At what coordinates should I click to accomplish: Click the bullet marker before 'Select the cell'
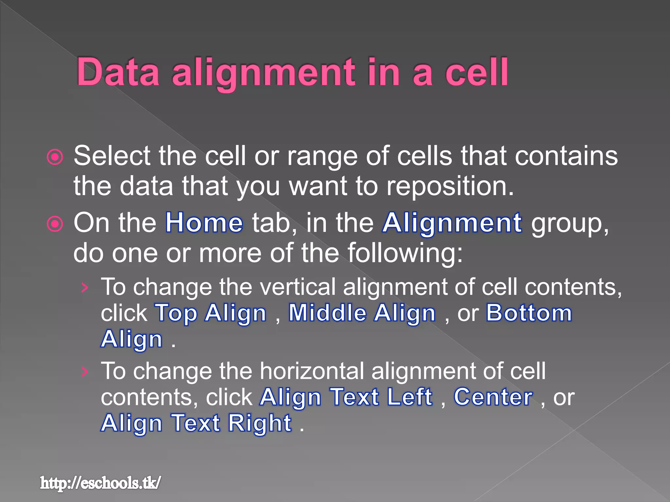click(x=55, y=157)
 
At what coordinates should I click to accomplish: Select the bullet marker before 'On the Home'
click(x=55, y=224)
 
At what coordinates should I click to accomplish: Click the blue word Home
click(x=204, y=223)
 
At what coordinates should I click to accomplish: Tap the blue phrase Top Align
click(x=211, y=313)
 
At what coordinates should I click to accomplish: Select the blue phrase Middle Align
click(x=362, y=313)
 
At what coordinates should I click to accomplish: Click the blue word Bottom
click(x=529, y=313)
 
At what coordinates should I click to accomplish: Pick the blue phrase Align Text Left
click(x=346, y=397)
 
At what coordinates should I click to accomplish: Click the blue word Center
click(x=493, y=397)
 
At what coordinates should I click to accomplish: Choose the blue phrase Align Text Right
click(x=196, y=424)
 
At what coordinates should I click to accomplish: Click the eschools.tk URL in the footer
click(x=100, y=483)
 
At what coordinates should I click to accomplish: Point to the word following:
click(x=405, y=253)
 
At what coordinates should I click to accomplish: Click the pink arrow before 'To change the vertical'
click(x=85, y=288)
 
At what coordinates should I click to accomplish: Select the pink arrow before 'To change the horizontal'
click(x=85, y=372)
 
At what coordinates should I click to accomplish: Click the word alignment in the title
click(x=263, y=73)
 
